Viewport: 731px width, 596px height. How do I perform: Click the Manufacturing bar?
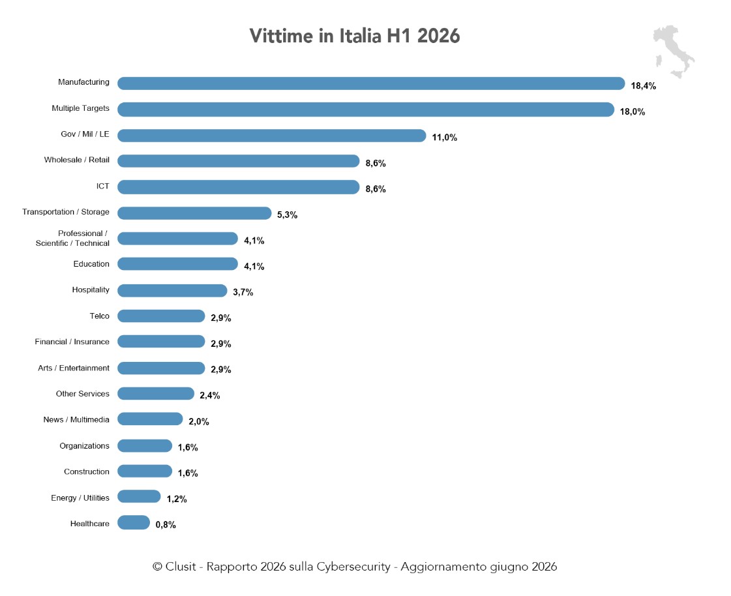(371, 83)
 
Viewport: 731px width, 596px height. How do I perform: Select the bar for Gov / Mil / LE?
(272, 136)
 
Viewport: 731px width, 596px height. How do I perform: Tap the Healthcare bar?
(134, 523)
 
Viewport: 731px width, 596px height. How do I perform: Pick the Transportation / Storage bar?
(194, 213)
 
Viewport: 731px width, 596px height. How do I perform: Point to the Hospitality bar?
(172, 291)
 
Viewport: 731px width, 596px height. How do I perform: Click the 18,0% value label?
(633, 112)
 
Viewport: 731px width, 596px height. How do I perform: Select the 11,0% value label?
(444, 138)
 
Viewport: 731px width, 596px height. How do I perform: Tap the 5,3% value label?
(287, 215)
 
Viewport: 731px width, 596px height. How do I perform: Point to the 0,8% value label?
(166, 525)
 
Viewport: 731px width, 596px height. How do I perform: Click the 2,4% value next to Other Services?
(210, 395)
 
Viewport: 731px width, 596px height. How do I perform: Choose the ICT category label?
(103, 186)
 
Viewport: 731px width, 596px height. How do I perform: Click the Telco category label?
(99, 316)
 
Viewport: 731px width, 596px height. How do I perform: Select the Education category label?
(91, 264)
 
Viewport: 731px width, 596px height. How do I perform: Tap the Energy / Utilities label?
(80, 498)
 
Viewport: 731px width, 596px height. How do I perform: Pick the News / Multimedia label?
(76, 420)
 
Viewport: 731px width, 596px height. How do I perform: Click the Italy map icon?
(674, 52)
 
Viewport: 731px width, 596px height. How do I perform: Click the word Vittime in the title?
(281, 36)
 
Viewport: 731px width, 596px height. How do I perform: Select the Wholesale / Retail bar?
(238, 161)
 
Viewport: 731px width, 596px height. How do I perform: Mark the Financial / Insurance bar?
(161, 342)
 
